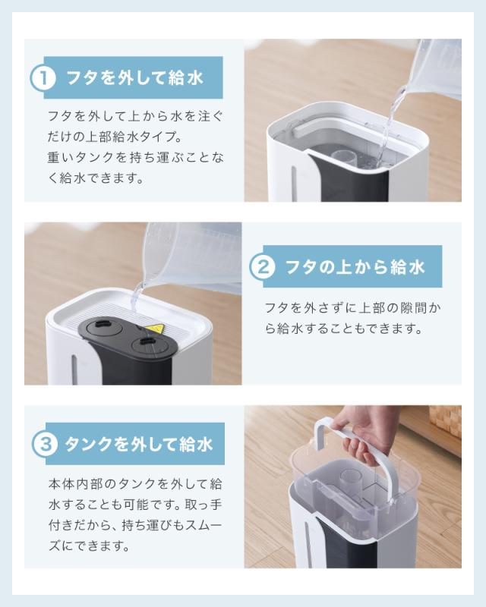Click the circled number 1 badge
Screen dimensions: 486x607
43,78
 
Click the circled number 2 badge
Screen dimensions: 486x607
263,267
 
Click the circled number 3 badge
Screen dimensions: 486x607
45,444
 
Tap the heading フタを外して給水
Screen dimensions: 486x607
134,78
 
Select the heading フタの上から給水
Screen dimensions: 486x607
355,267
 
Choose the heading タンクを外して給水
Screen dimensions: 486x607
138,444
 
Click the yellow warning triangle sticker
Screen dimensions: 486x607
155,329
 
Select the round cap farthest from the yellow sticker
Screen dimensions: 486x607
103,326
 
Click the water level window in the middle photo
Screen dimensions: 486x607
74,370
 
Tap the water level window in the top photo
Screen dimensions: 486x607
294,184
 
